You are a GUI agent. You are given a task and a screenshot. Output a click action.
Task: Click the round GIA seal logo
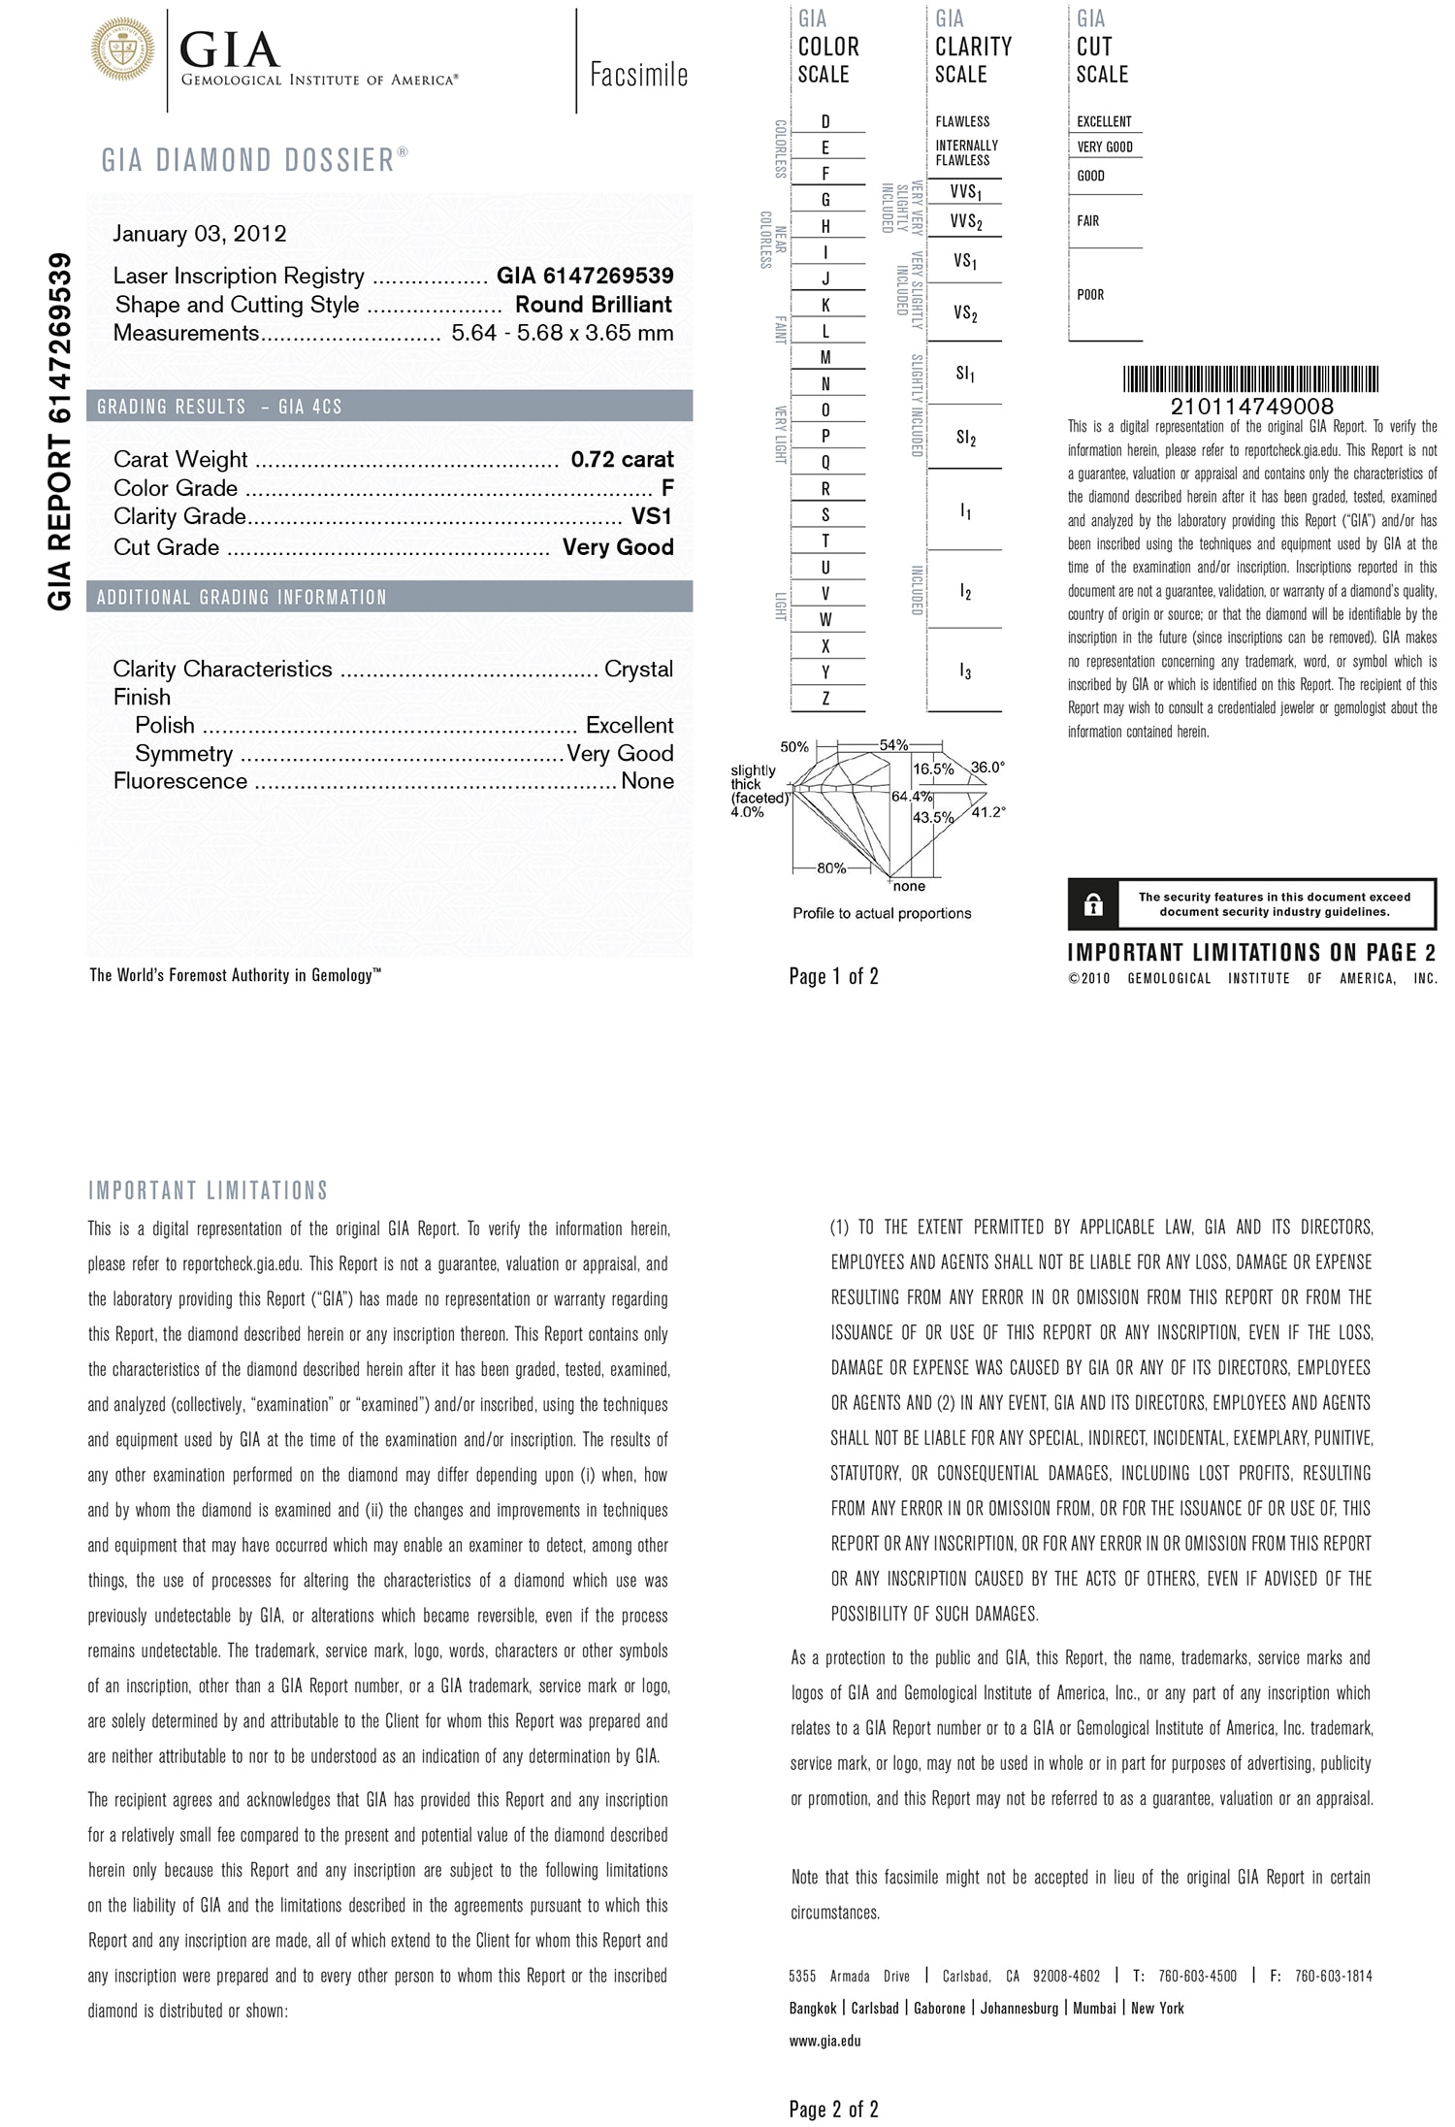pos(123,47)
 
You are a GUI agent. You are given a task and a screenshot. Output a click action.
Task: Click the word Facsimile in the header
pos(638,76)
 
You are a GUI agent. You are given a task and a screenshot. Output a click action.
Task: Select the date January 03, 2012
pos(200,234)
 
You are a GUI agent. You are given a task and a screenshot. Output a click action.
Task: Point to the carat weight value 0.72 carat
pos(622,460)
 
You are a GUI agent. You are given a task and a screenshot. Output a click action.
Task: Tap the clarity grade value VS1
pos(652,516)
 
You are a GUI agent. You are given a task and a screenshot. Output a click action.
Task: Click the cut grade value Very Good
pos(618,547)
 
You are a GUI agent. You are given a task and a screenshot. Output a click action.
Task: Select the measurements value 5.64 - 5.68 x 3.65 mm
pos(563,334)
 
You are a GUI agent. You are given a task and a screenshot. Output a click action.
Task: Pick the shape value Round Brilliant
pos(594,305)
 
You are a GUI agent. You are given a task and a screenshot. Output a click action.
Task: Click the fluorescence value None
pos(647,781)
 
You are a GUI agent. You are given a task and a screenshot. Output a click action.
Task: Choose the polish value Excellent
pos(630,726)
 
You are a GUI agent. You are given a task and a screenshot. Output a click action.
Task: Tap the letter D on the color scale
pos(825,122)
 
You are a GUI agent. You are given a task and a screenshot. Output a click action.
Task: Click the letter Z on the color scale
pos(825,699)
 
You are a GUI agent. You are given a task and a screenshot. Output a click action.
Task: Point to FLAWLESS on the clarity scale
pos(962,122)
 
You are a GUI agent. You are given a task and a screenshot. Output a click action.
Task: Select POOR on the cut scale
pos(1090,295)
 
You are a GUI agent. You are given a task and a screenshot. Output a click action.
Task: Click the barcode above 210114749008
pos(1251,379)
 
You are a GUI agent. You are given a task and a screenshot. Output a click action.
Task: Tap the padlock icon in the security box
pos(1093,905)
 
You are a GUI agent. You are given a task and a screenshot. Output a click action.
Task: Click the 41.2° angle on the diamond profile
pos(988,813)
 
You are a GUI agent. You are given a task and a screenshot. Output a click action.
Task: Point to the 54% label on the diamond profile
pos(893,745)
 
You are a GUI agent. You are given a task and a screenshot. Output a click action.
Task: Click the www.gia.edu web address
pos(825,2041)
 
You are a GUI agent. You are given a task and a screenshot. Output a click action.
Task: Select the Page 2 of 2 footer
pos(834,2109)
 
